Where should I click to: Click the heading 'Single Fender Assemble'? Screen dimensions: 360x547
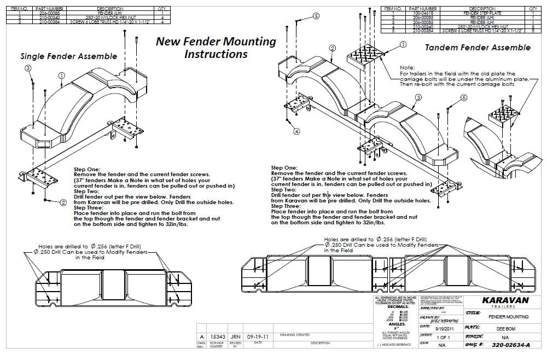68,56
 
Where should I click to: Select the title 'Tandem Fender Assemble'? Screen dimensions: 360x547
478,48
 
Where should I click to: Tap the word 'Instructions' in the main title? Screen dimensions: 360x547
216,54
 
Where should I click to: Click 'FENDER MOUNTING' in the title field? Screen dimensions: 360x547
504,317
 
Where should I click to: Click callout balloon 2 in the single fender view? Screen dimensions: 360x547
63,202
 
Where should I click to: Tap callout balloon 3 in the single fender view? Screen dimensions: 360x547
27,68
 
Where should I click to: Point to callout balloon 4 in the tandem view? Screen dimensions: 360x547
296,131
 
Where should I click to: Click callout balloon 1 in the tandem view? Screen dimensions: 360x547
403,44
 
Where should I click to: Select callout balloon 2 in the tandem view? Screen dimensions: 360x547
332,48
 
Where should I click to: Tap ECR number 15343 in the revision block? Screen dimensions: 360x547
218,337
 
